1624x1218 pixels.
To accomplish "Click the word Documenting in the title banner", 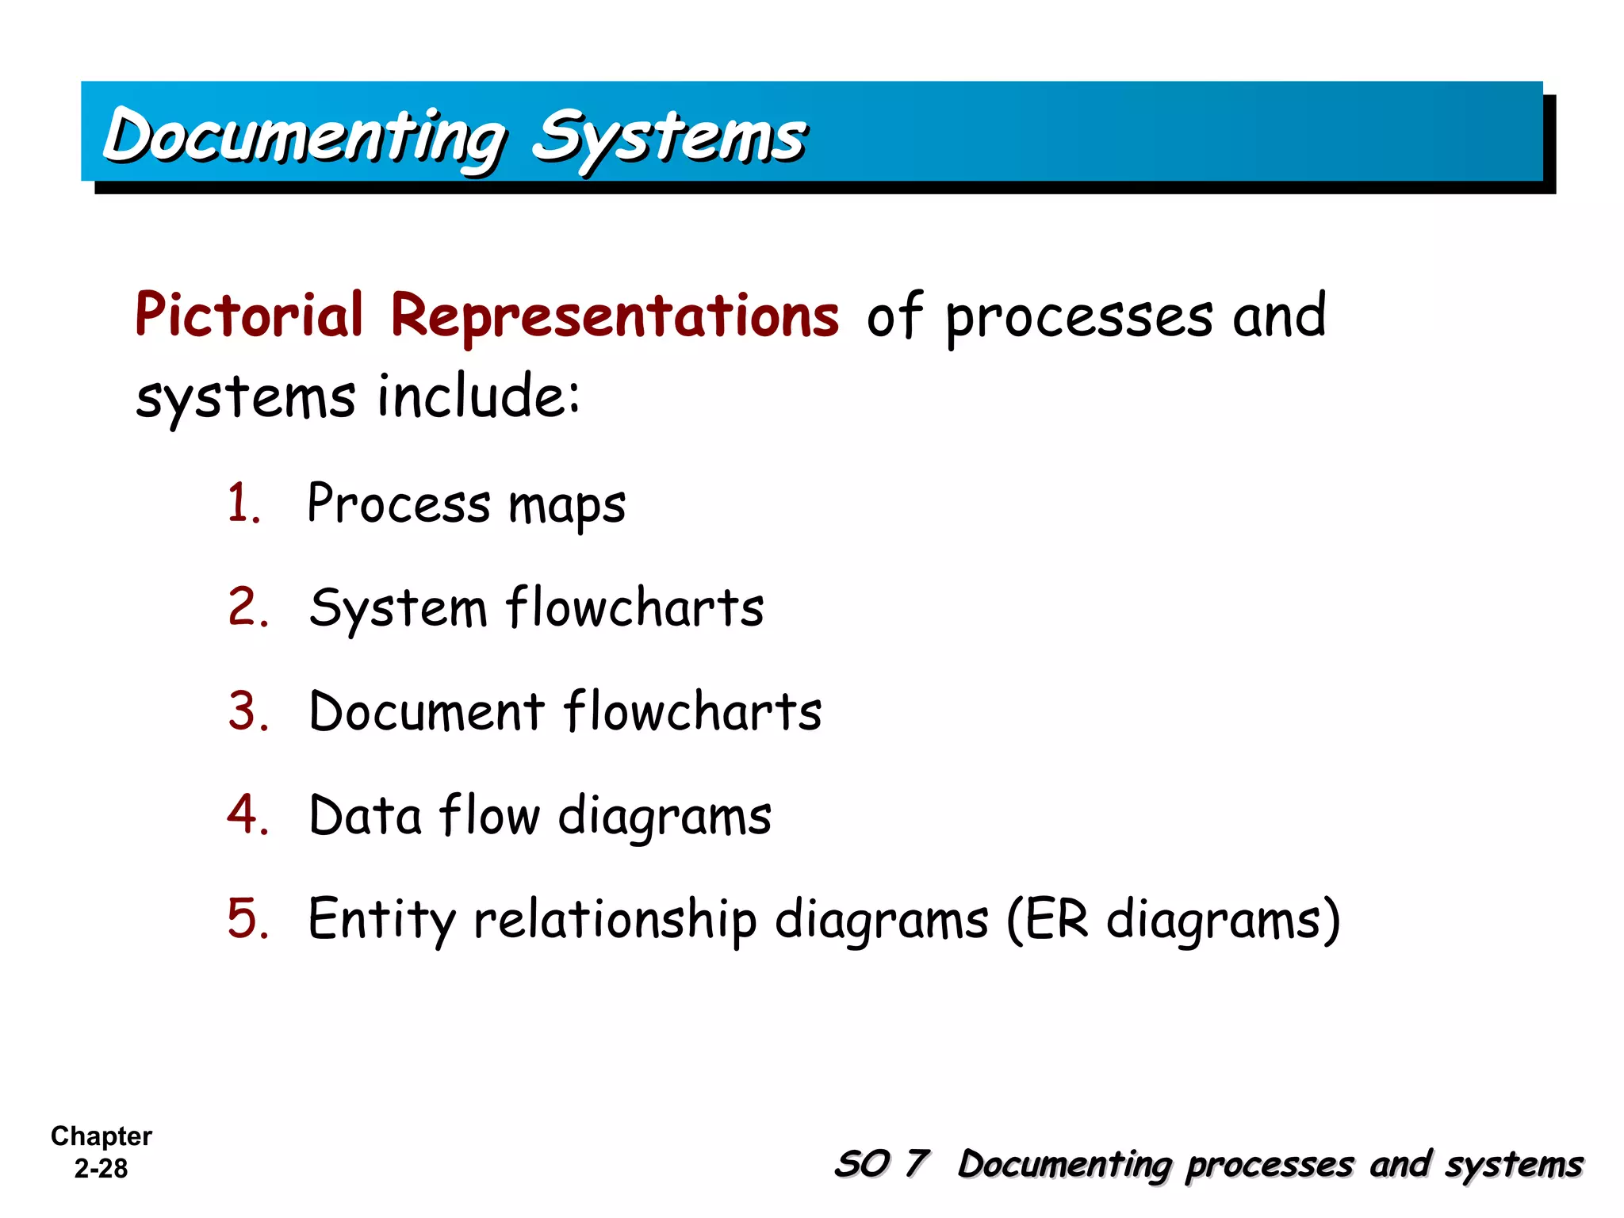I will (305, 136).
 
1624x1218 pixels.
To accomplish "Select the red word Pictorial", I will (249, 315).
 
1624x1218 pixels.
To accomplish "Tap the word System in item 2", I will (398, 608).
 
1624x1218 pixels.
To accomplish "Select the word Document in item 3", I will (427, 710).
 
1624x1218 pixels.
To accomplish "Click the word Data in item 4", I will (365, 814).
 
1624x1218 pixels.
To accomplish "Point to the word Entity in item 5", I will (381, 920).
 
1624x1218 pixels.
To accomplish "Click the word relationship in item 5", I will (615, 920).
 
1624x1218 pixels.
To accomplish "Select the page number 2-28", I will (101, 1169).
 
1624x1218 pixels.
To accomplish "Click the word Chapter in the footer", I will (101, 1136).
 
